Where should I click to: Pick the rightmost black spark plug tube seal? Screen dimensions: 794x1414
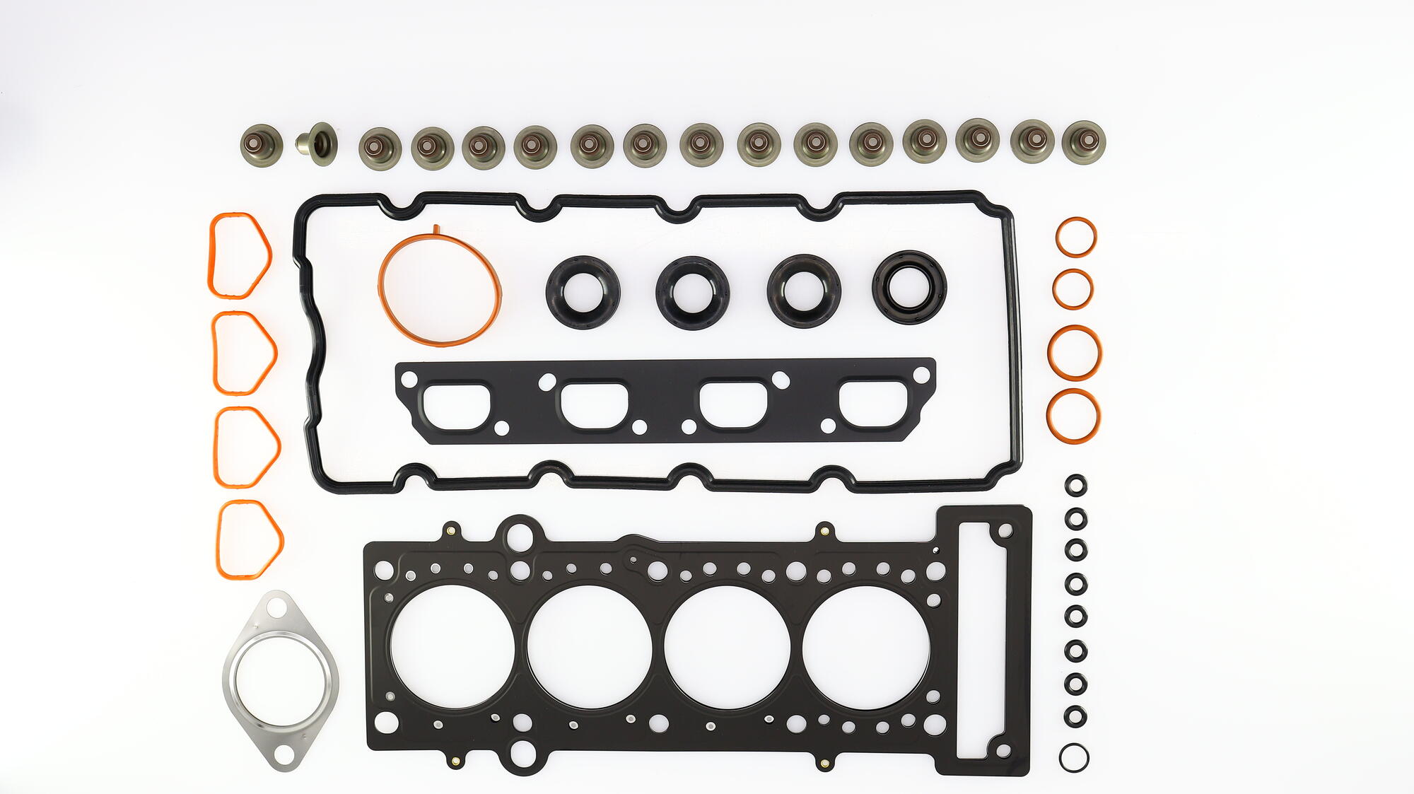(909, 287)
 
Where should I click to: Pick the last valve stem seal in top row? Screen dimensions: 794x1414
(1083, 143)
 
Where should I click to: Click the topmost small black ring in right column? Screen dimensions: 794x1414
(1075, 486)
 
